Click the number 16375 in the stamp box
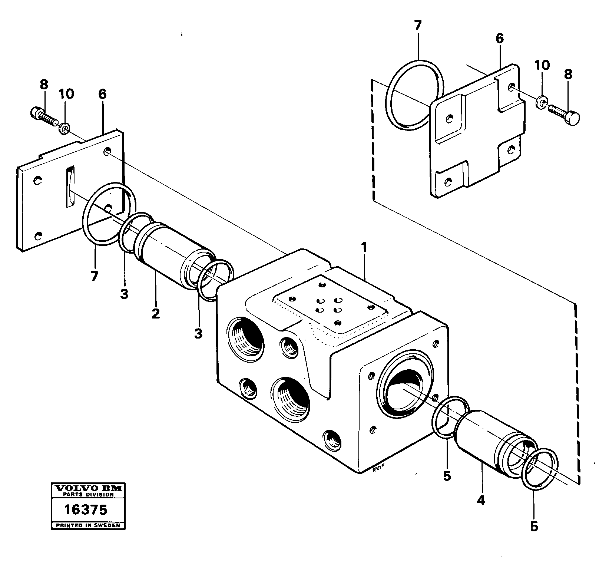[86, 510]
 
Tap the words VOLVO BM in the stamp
[88, 488]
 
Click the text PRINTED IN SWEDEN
[88, 525]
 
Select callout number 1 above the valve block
[364, 247]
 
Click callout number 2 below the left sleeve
[156, 313]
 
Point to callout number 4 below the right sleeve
[481, 501]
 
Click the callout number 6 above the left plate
[102, 94]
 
